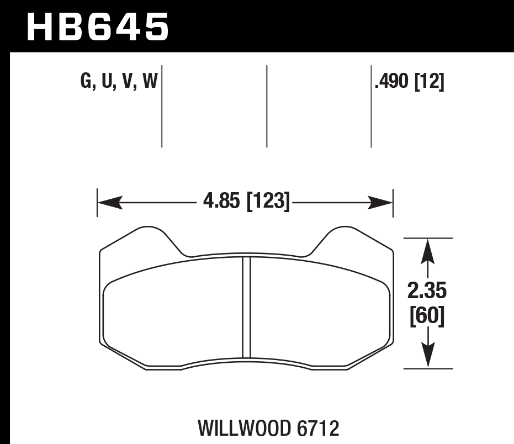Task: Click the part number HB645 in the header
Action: tap(97, 28)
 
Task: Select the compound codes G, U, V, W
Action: tap(119, 83)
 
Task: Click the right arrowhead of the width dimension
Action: tap(381, 203)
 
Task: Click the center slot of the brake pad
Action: tap(247, 307)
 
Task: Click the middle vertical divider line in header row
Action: tap(267, 106)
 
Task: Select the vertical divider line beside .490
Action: tap(370, 106)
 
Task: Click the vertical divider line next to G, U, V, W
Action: tap(162, 106)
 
